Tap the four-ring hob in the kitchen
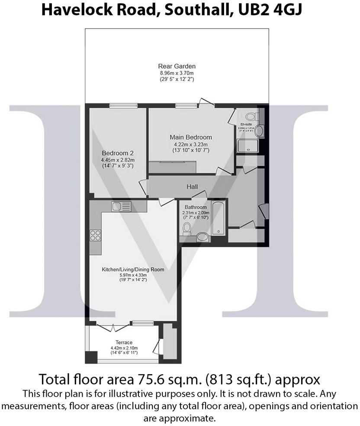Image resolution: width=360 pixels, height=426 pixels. click(x=95, y=235)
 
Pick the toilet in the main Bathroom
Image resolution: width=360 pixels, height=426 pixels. click(x=187, y=228)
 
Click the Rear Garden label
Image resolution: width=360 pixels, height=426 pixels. click(x=177, y=66)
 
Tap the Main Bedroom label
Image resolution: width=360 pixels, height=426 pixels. click(x=191, y=137)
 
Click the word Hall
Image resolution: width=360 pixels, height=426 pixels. click(x=192, y=187)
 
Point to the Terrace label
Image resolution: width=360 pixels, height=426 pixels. click(x=122, y=342)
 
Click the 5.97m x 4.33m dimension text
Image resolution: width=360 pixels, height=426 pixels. click(x=133, y=274)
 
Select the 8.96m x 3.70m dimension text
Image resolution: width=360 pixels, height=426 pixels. click(x=177, y=73)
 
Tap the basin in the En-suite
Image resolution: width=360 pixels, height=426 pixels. click(x=260, y=130)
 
